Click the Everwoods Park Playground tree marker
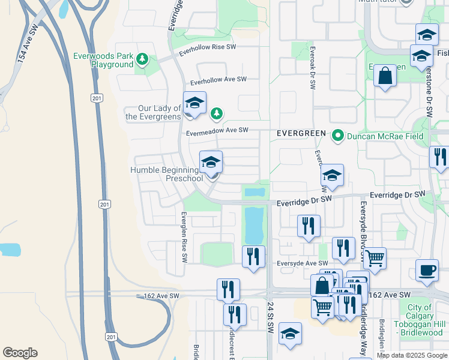(142, 59)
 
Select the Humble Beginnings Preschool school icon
(211, 163)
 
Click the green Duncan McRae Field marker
(337, 136)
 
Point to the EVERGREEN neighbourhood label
(301, 133)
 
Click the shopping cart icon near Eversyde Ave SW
(375, 259)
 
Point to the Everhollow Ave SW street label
(218, 79)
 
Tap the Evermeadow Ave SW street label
(217, 130)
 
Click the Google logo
(20, 353)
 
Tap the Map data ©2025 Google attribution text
(411, 355)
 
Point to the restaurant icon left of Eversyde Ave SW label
(253, 257)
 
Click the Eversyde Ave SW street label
(303, 263)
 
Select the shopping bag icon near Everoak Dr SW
(385, 77)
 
